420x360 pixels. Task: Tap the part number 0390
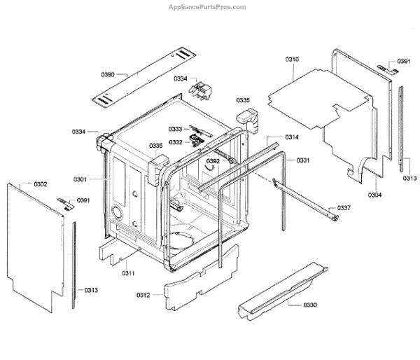108,74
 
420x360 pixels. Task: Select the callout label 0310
292,60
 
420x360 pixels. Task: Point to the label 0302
41,184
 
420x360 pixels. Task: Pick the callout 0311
128,272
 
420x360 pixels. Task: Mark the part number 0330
310,305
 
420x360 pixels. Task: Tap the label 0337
344,208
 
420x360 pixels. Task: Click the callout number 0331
303,160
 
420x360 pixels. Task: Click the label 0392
213,161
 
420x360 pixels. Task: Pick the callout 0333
175,129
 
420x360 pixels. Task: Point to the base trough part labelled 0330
280,290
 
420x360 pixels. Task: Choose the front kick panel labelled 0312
199,277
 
